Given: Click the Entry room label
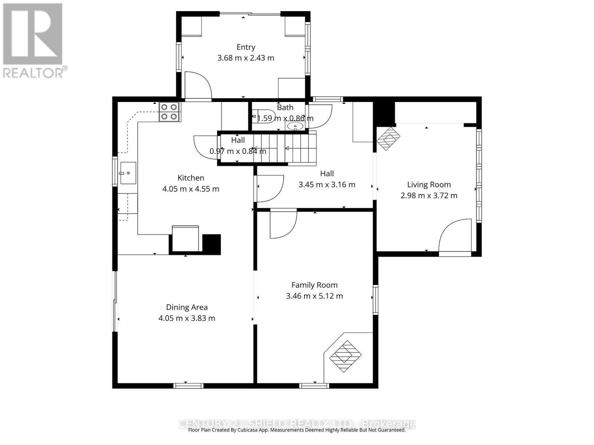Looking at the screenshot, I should click(246, 47).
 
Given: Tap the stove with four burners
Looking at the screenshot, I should click(169, 112).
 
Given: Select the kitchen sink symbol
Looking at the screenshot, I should click(127, 173).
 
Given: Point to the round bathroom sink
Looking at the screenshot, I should click(296, 126).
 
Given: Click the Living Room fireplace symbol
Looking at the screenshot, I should click(388, 138).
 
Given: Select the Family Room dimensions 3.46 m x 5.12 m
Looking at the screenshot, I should click(314, 296).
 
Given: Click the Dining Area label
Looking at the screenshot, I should click(187, 307).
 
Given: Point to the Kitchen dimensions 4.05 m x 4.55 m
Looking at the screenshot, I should click(190, 189).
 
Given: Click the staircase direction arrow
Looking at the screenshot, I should click(288, 149).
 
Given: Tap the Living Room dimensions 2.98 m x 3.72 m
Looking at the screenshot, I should click(429, 195).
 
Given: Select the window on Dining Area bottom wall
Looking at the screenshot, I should click(188, 386).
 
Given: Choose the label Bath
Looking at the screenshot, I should click(285, 108).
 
